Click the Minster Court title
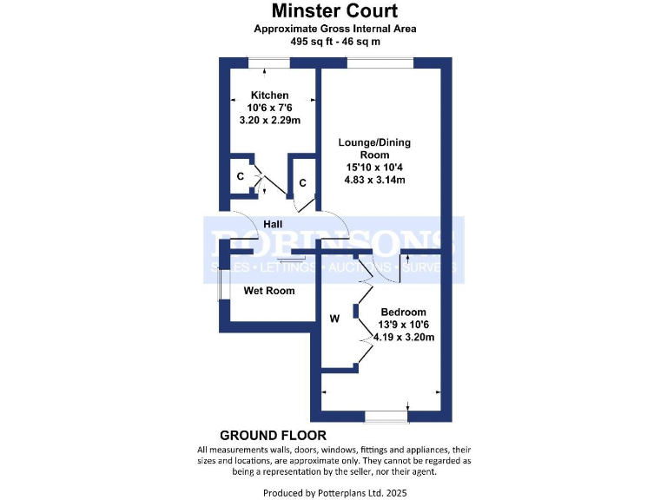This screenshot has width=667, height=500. (x=334, y=11)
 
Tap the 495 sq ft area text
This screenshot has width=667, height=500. (x=334, y=41)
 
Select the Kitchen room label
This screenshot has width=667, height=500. (x=269, y=95)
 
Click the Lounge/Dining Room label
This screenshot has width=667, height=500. (x=374, y=148)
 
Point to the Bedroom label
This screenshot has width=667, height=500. (x=403, y=312)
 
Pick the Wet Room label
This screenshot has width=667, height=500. (x=268, y=291)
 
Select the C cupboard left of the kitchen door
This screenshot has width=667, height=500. (x=240, y=176)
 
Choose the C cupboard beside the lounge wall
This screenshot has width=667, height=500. (x=302, y=183)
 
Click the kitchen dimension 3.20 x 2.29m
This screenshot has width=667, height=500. (x=269, y=121)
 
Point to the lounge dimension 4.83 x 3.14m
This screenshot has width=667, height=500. (x=375, y=181)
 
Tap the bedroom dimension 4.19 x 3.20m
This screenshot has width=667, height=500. (x=404, y=338)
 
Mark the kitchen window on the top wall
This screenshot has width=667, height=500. (x=269, y=62)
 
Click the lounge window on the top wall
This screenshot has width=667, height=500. (x=379, y=62)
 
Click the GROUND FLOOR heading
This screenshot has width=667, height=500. (x=273, y=435)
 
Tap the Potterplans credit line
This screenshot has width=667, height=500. (x=334, y=492)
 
